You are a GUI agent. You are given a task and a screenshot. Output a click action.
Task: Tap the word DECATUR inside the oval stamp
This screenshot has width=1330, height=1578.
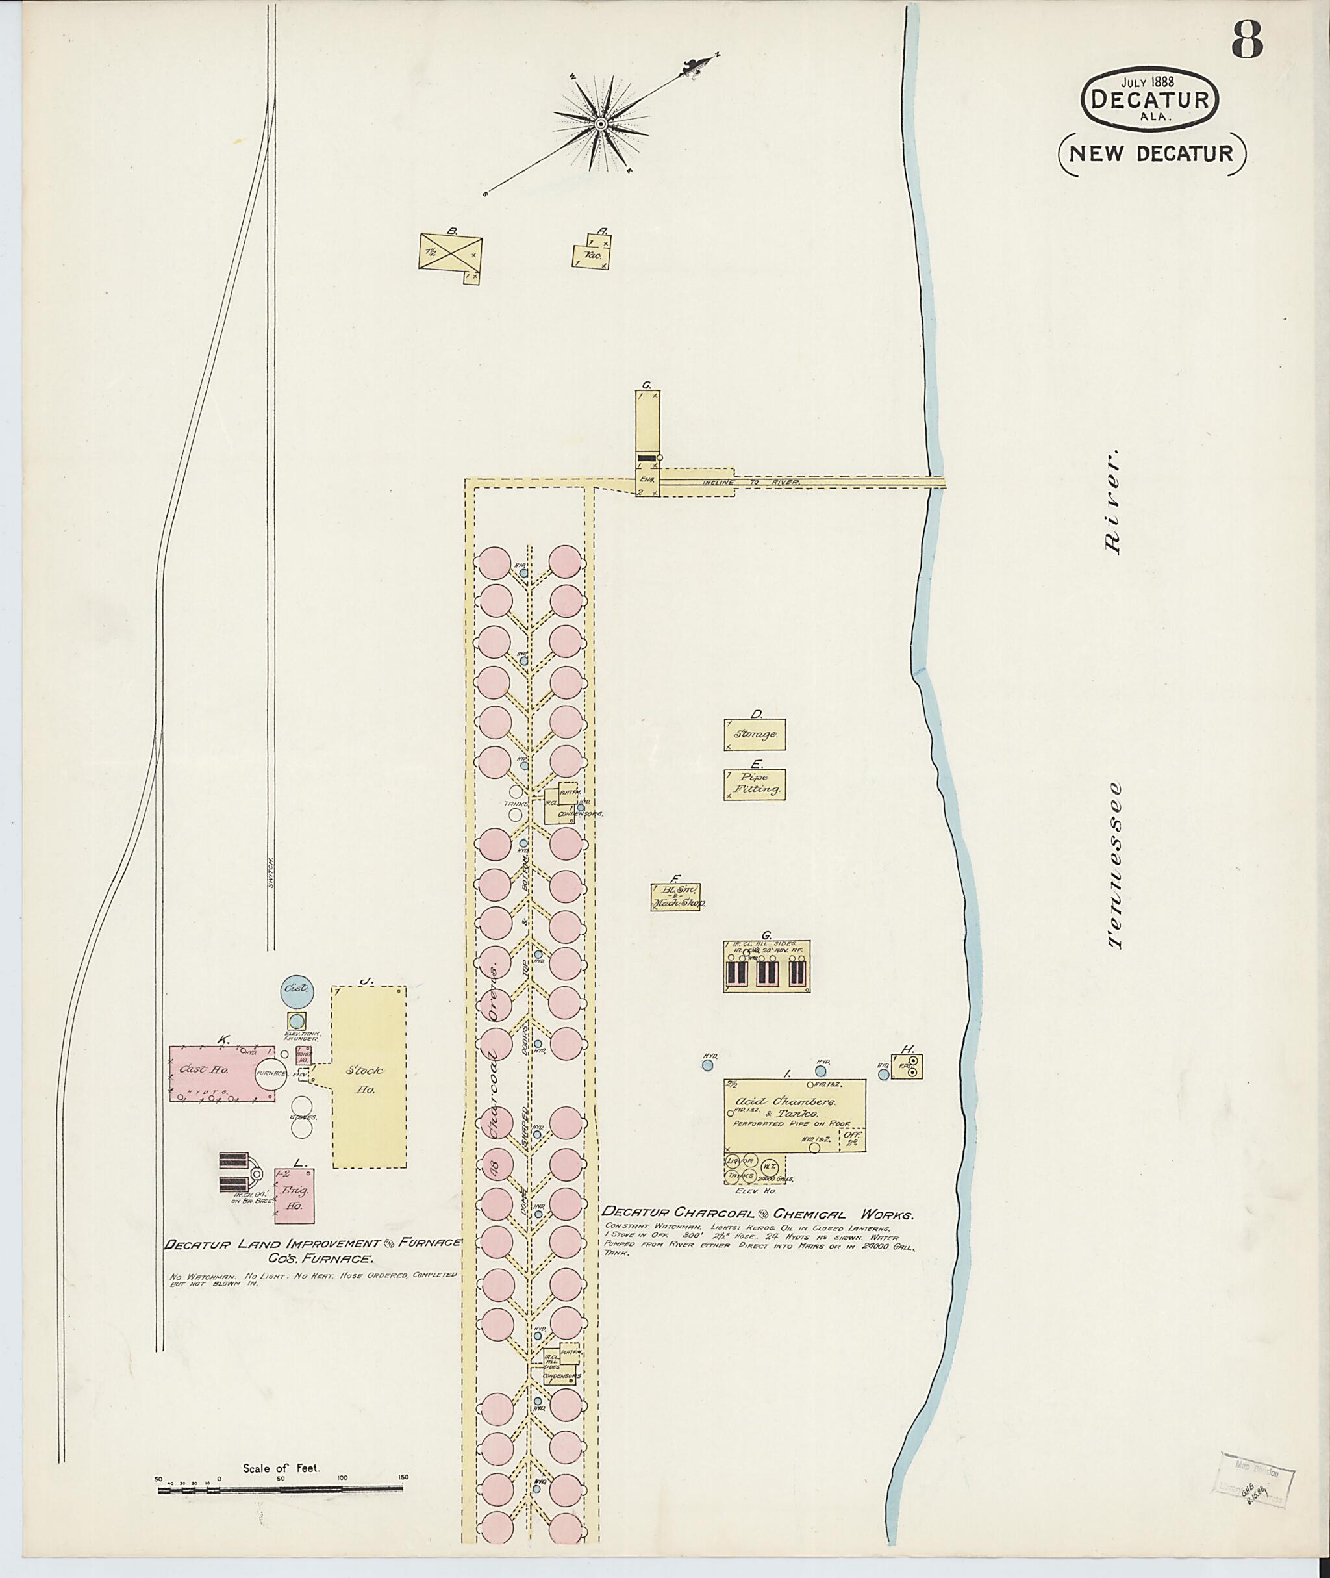[1150, 99]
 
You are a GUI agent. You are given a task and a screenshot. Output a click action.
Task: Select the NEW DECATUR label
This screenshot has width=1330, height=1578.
[1152, 154]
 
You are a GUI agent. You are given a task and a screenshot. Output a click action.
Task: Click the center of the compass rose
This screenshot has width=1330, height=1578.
[601, 123]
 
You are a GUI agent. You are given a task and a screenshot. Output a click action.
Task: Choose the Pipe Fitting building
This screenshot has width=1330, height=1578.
[755, 785]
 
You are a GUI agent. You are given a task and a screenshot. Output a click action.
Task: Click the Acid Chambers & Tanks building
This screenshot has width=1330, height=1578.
[794, 1115]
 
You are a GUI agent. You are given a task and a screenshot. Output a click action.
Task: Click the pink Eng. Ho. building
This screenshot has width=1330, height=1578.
[294, 1205]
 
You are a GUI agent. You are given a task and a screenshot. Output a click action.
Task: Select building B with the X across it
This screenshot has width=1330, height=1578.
[450, 252]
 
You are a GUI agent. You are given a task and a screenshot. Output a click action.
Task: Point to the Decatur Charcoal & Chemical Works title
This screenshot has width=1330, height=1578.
[759, 1214]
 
